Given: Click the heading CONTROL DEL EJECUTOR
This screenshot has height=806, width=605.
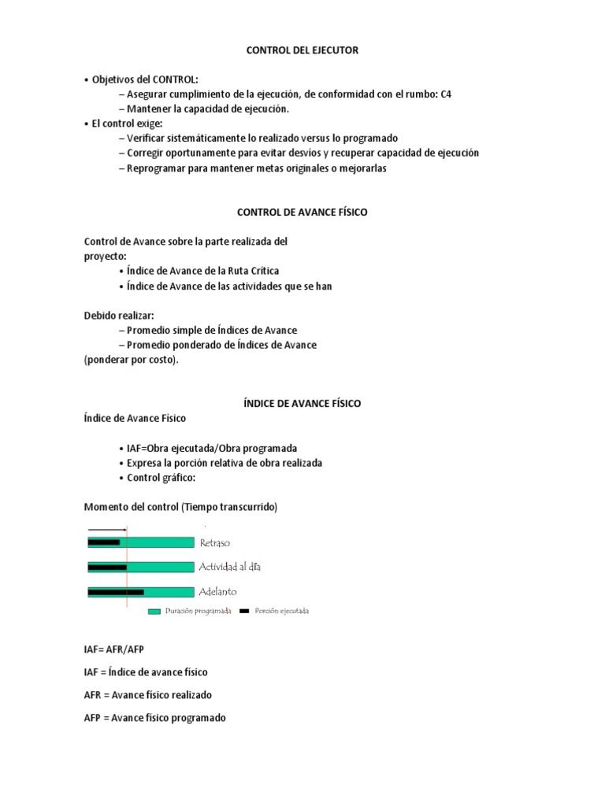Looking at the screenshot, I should [302, 50].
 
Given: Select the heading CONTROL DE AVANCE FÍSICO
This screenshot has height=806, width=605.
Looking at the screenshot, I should [302, 213].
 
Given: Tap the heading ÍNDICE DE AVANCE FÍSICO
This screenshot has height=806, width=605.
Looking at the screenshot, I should [302, 403].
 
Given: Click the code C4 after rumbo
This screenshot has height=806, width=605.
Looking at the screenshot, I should [446, 94].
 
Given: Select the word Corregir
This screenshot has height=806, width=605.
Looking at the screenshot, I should [147, 153].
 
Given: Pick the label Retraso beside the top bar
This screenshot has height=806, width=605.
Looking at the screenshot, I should [215, 543].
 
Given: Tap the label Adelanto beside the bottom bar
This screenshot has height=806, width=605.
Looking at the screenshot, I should [218, 592].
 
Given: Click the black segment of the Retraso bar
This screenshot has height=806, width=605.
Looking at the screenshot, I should [104, 542].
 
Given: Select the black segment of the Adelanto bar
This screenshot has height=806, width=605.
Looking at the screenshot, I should [116, 592].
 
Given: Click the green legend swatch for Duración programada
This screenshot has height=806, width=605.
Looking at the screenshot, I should [154, 611].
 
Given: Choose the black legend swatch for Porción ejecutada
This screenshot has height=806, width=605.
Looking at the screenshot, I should [244, 611].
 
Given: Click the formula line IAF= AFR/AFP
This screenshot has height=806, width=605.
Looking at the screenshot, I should [114, 650].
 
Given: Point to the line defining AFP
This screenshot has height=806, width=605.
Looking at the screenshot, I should [154, 718].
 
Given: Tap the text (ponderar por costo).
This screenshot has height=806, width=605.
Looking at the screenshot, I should [132, 360].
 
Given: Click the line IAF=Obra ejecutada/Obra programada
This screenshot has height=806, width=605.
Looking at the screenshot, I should [212, 448].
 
